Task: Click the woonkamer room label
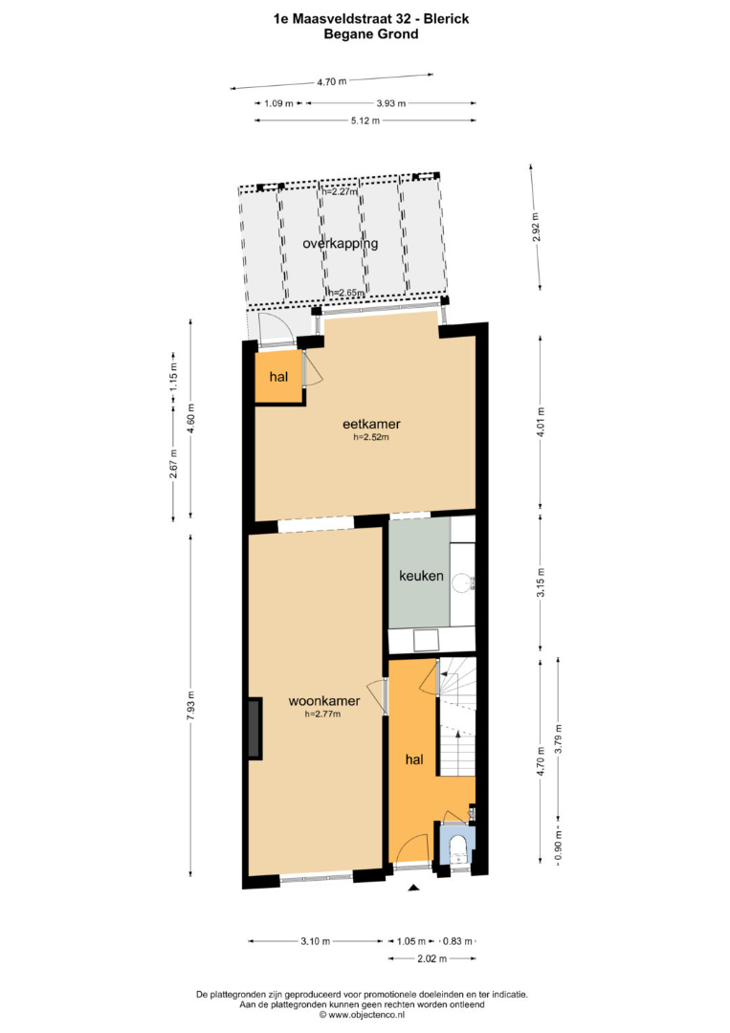point(324,701)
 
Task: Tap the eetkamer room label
point(371,424)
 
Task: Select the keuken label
point(421,575)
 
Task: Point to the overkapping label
point(340,243)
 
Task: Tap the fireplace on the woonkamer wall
point(254,728)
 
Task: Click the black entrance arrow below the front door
point(413,888)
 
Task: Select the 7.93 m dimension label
point(191,706)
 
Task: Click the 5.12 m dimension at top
point(365,121)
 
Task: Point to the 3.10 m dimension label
point(315,941)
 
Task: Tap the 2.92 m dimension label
point(536,227)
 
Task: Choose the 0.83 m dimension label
point(457,941)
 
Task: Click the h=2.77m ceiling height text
point(322,714)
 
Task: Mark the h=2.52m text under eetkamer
point(371,436)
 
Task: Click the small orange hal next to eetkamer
point(278,377)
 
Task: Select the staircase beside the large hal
point(457,716)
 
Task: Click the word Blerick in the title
point(446,18)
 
